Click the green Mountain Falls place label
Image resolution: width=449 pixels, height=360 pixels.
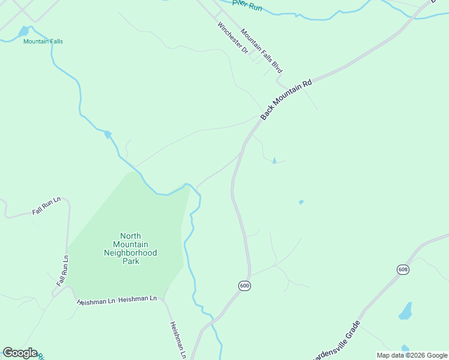[43, 41]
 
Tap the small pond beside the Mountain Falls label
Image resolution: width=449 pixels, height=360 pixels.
[23, 31]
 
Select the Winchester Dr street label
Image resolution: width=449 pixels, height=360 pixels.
[233, 38]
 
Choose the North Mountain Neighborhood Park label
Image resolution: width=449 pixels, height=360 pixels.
[130, 248]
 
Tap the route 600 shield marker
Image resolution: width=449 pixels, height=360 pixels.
[244, 286]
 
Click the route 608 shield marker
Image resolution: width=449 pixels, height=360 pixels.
[403, 269]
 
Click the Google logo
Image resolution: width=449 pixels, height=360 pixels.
[20, 353]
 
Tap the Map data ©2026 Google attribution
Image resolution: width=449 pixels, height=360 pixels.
[412, 355]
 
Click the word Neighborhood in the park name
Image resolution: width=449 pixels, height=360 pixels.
[130, 253]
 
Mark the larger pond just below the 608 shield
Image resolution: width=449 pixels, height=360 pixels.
[406, 311]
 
